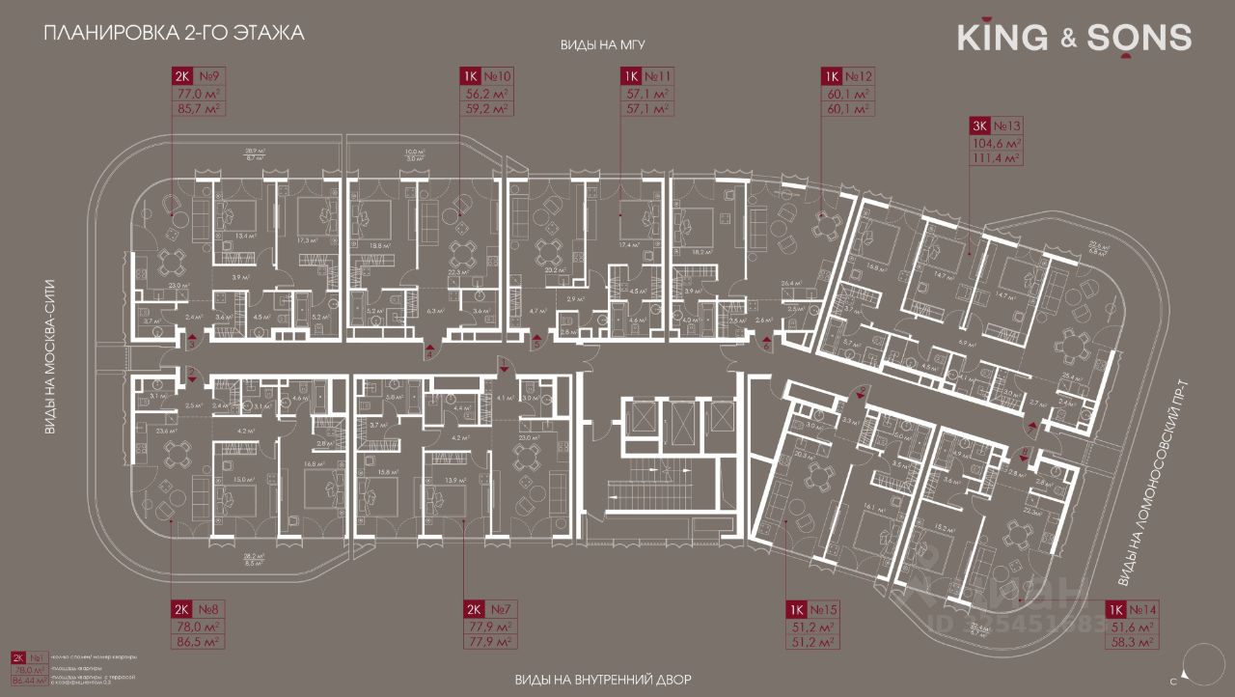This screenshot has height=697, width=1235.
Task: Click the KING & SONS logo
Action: click(1074, 38)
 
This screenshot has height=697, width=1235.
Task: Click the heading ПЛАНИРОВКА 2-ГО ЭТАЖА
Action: click(174, 34)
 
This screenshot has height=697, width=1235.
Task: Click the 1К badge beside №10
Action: click(471, 76)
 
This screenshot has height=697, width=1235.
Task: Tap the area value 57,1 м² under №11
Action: click(648, 95)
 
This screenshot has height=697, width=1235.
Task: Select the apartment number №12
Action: click(859, 76)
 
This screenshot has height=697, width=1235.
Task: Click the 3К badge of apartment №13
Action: click(980, 125)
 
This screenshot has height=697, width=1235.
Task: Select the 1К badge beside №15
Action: click(795, 609)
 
